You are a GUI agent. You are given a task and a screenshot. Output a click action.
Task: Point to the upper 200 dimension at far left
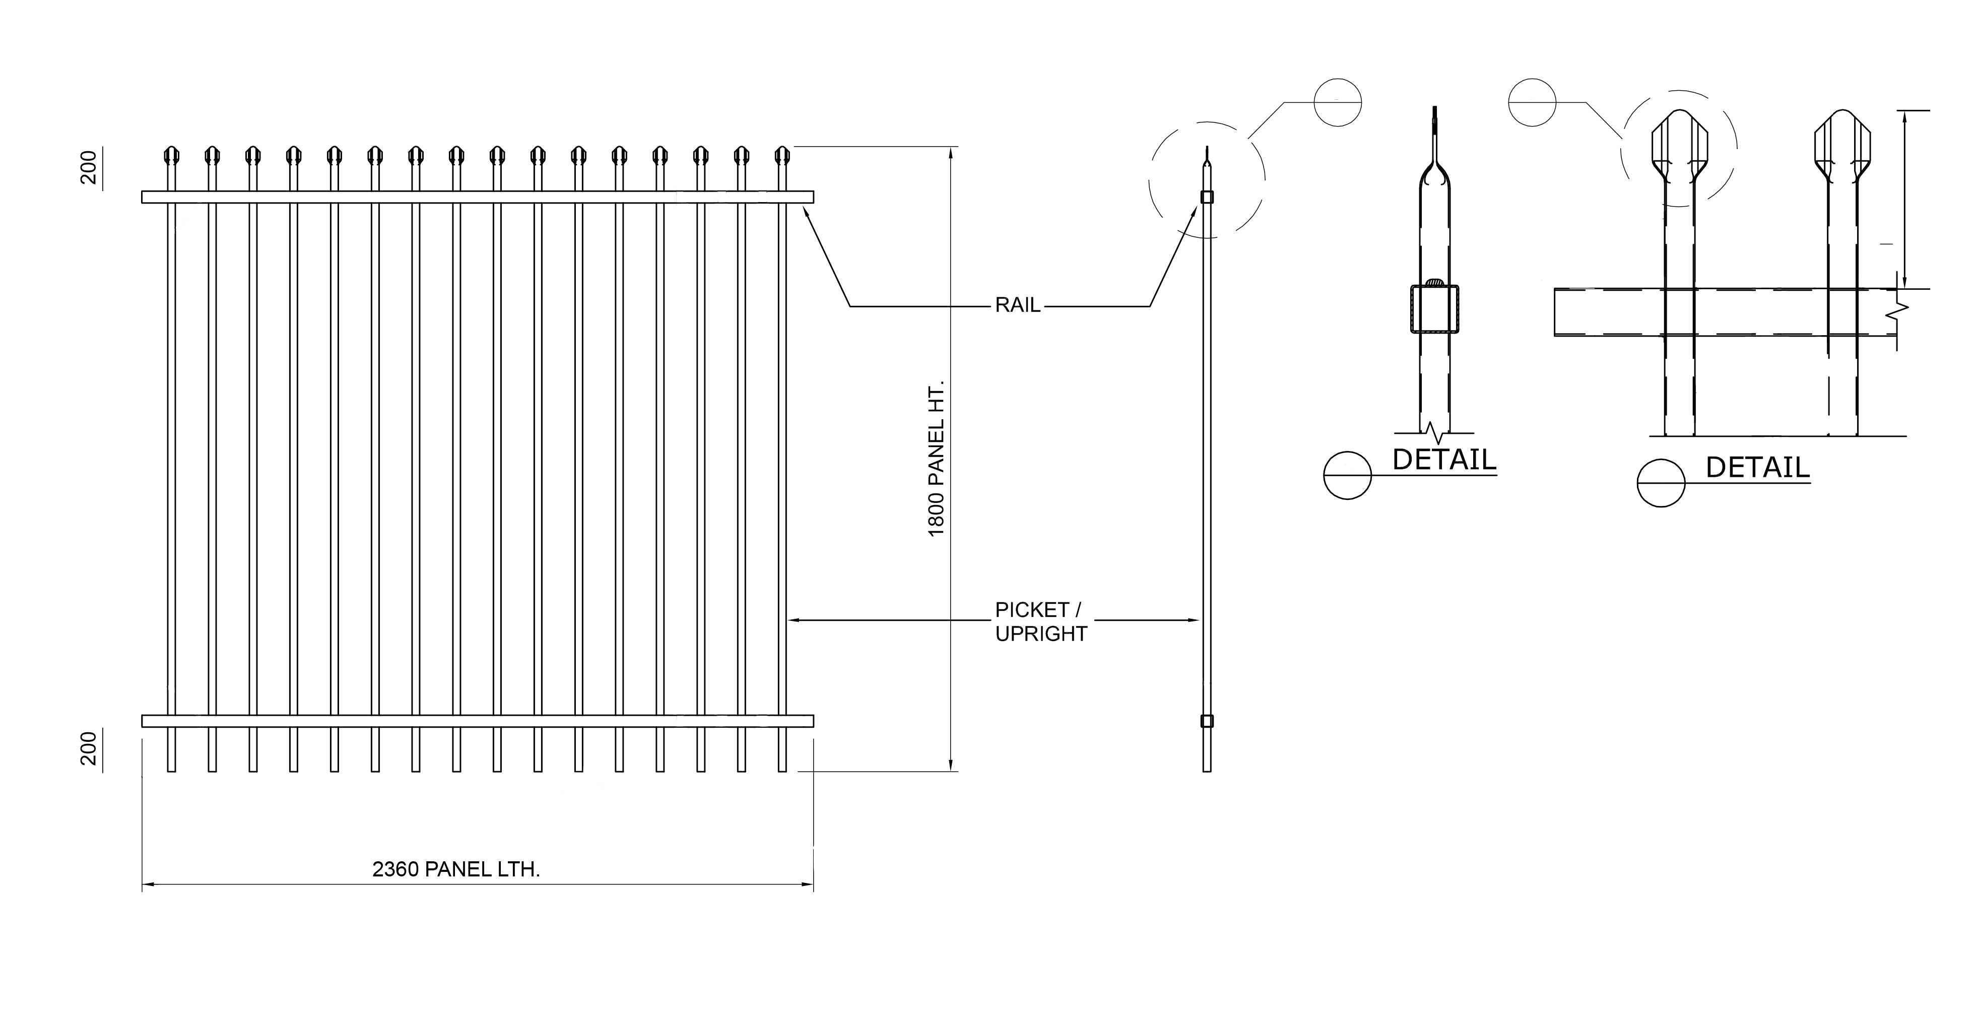point(89,167)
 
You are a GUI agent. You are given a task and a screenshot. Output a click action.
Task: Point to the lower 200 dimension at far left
point(89,748)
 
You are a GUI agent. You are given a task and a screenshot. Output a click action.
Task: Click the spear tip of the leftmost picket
point(171,156)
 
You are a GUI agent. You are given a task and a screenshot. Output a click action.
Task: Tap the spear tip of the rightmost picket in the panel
point(782,156)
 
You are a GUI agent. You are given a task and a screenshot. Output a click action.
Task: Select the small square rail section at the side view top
point(1207,197)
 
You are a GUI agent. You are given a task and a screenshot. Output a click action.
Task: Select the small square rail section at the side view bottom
point(1207,721)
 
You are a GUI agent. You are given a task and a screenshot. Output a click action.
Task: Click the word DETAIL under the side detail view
point(1443,460)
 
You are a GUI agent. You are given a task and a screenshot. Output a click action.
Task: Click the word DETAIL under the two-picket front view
point(1757,468)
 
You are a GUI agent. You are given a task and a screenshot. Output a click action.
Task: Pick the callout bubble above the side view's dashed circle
point(1337,102)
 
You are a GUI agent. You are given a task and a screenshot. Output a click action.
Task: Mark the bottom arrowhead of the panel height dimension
point(951,766)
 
